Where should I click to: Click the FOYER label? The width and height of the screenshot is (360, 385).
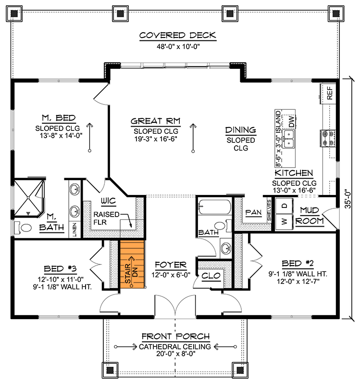(170, 265)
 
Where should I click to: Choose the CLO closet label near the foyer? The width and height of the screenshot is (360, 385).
(211, 276)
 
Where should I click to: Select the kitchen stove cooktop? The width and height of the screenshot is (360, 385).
(328, 138)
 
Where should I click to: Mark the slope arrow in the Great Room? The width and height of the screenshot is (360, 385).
(193, 138)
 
